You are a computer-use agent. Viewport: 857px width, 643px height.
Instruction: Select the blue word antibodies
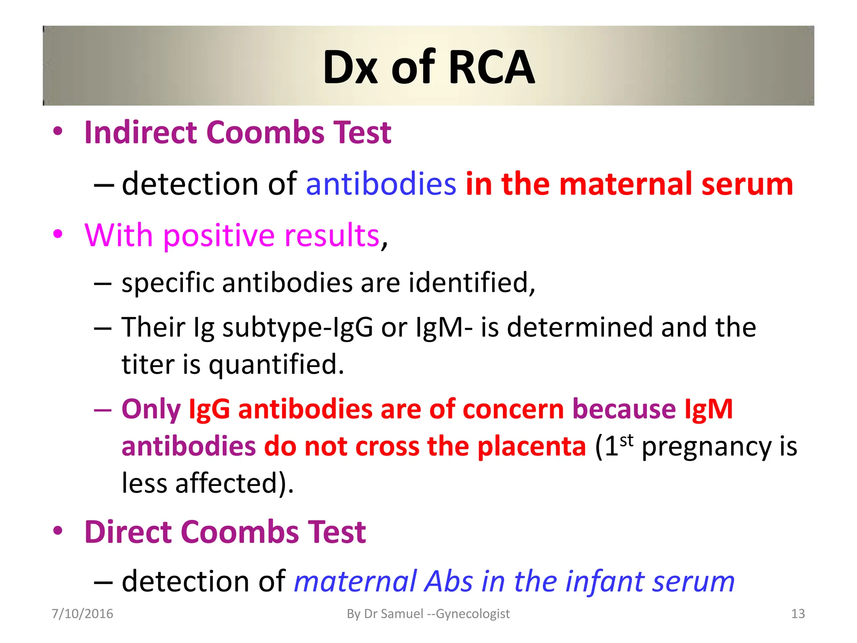tap(381, 184)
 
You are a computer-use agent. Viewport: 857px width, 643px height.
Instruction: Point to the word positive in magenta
tap(219, 235)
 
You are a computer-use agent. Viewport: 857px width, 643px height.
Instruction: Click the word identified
tap(472, 283)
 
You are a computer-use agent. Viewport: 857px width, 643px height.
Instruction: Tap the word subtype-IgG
tap(298, 327)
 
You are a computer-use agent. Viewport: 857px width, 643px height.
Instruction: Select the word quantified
tap(276, 365)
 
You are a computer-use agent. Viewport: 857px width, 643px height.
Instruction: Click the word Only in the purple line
tap(151, 409)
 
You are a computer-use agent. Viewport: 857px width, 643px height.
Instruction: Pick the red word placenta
tap(532, 446)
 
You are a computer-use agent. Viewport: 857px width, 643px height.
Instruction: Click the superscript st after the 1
tap(626, 440)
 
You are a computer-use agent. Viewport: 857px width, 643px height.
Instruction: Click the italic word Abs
tap(448, 581)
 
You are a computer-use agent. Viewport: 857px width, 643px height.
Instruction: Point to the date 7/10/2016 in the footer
tap(82, 614)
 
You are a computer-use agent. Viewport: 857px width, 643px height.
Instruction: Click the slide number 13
tap(798, 614)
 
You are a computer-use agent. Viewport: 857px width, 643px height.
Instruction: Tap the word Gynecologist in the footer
tap(473, 614)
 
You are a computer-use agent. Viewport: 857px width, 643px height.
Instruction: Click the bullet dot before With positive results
tap(58, 234)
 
